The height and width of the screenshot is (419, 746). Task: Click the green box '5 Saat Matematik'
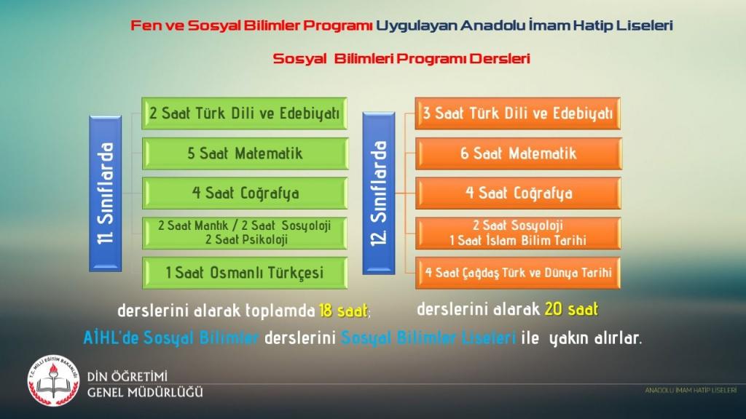[x=245, y=153]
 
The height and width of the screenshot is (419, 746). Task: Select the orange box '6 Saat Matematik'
[x=518, y=153]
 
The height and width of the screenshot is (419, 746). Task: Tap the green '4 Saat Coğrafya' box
[x=245, y=193]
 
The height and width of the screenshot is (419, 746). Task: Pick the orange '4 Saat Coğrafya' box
[x=518, y=193]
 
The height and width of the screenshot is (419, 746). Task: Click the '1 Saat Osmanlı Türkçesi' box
[x=245, y=274]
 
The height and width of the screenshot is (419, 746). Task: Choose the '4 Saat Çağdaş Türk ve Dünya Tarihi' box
[x=518, y=274]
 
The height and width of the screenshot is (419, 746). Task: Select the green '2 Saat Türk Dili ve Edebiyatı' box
[x=245, y=113]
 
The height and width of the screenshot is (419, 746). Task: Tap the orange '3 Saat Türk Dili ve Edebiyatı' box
[x=518, y=113]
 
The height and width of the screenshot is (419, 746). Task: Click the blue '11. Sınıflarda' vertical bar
[x=105, y=193]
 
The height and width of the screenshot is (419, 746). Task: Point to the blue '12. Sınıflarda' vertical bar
[x=379, y=193]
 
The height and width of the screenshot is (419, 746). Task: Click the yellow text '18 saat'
[x=343, y=311]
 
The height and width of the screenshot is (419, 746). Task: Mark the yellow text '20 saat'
[x=571, y=309]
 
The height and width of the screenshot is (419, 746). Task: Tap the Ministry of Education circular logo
[x=53, y=380]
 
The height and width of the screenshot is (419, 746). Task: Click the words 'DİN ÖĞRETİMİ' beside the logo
[x=127, y=377]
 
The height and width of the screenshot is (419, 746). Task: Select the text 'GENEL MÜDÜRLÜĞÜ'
[x=145, y=392]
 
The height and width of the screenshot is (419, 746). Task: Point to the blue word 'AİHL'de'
[x=111, y=338]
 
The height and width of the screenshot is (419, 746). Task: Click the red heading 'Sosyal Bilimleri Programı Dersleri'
[x=401, y=58]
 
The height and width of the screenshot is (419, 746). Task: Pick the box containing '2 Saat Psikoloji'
[x=245, y=234]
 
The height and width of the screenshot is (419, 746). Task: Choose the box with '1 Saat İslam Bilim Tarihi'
[x=518, y=234]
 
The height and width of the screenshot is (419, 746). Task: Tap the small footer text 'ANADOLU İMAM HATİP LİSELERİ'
[x=691, y=391]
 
